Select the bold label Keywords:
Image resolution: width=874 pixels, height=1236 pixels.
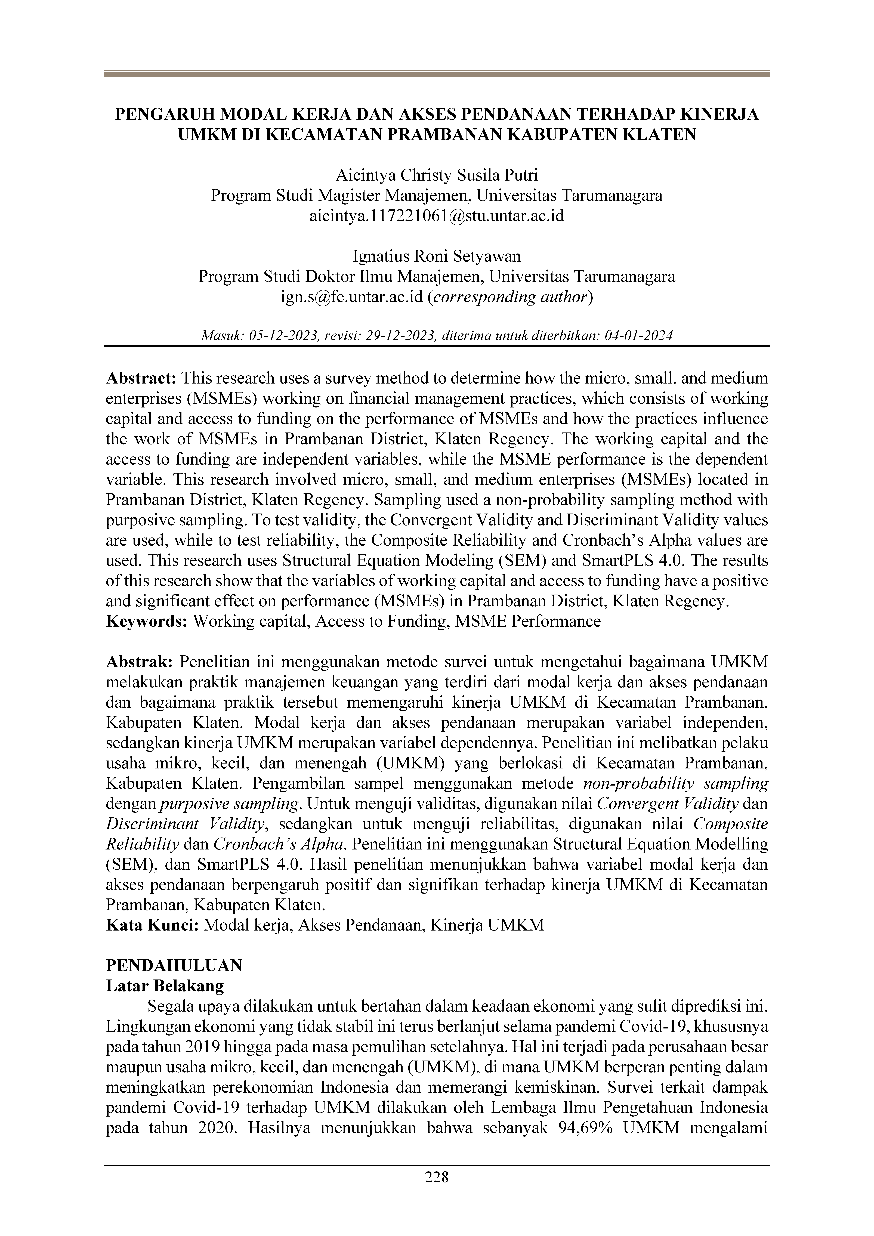(146, 621)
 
